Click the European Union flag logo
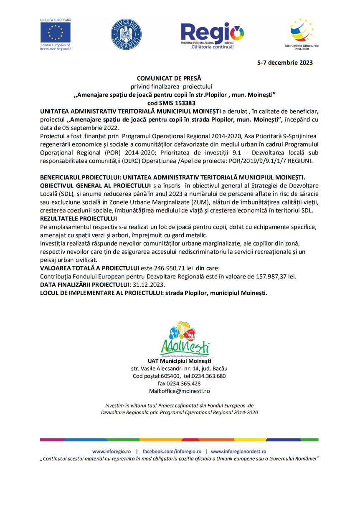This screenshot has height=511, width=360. [56, 32]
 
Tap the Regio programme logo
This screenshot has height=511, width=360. [212, 35]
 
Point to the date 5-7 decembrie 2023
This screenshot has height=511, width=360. [284, 63]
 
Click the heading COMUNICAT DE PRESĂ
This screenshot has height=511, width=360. [169, 78]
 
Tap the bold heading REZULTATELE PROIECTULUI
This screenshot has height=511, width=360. [79, 218]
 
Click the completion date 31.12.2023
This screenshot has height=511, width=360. [148, 284]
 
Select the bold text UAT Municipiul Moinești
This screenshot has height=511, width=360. [179, 361]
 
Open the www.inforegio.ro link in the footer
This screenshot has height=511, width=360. [112, 451]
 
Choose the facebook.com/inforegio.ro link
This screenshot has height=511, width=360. [172, 451]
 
